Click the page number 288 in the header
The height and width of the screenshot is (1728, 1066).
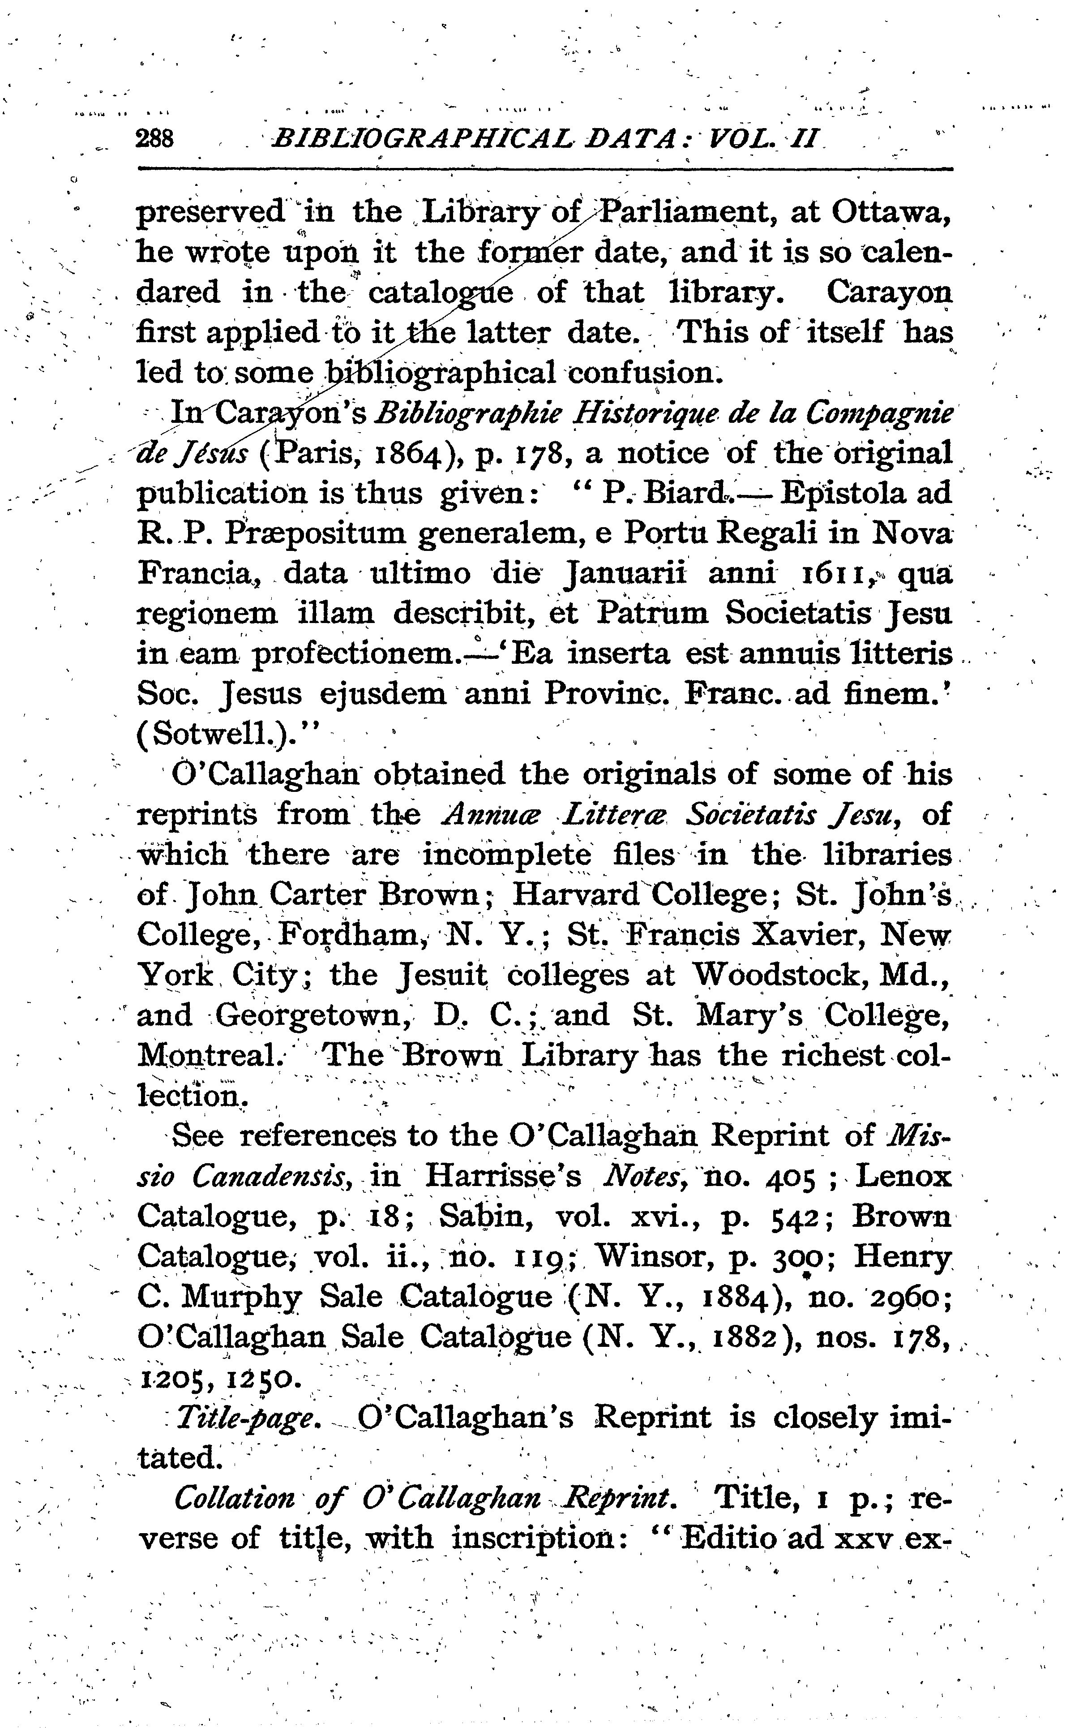[154, 138]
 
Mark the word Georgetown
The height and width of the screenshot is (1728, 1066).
[308, 1016]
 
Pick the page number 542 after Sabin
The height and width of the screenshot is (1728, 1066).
[796, 1216]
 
